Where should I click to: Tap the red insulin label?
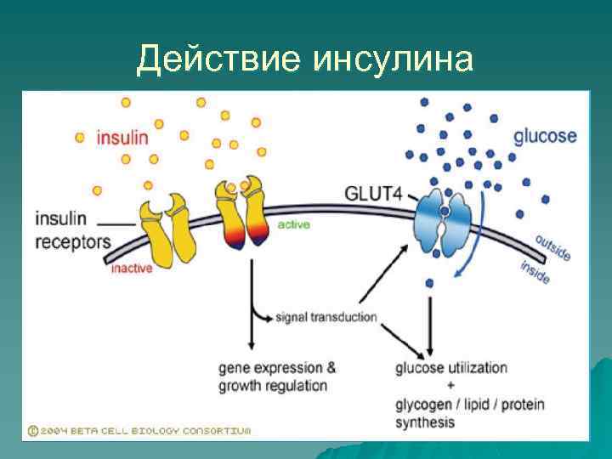(x=122, y=137)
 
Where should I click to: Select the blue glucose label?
(x=545, y=136)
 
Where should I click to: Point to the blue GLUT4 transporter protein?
(x=445, y=223)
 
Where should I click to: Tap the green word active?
(x=293, y=225)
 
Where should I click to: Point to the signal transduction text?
(x=326, y=318)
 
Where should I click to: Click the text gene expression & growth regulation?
(x=276, y=377)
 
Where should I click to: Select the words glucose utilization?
(x=450, y=368)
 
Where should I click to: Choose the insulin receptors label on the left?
(x=72, y=229)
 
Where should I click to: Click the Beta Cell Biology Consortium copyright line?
(x=140, y=431)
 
